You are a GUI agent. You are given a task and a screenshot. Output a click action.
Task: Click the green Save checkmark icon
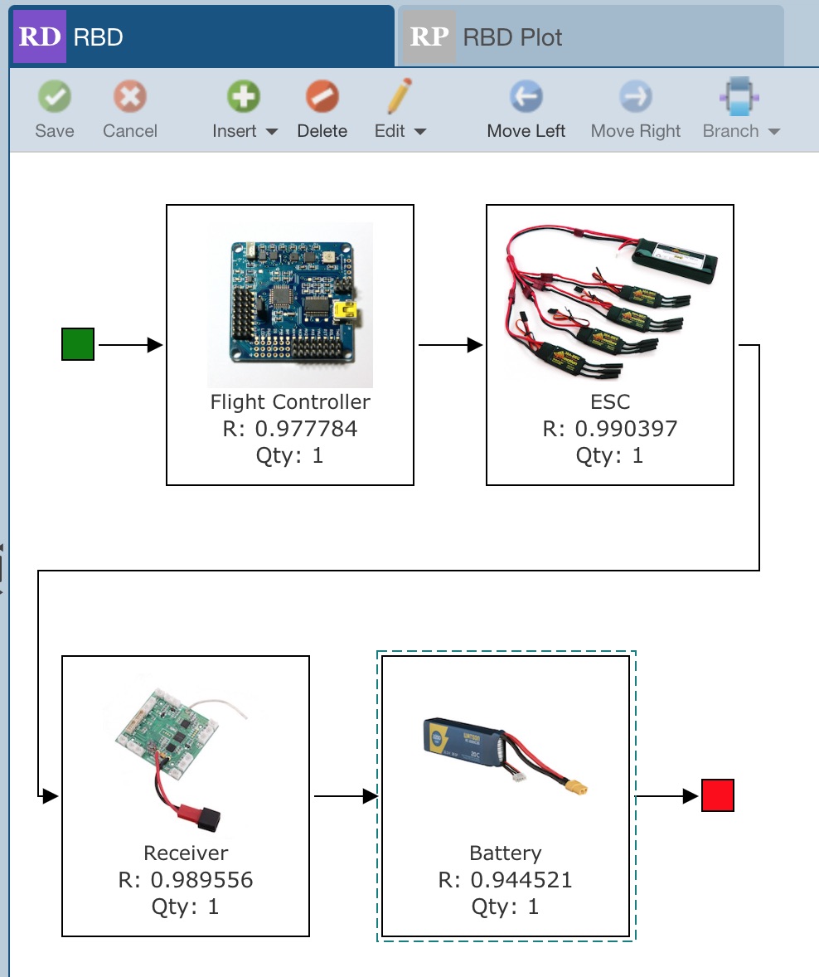click(55, 97)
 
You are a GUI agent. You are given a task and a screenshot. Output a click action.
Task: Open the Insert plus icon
click(244, 97)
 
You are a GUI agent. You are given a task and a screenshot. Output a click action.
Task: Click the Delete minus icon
click(322, 97)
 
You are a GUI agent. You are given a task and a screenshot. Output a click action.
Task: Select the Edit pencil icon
click(399, 97)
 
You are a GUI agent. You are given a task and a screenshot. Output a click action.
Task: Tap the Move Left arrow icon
click(526, 97)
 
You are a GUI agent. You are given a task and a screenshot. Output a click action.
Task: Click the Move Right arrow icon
click(635, 97)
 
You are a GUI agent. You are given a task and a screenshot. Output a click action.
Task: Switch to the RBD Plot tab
click(512, 37)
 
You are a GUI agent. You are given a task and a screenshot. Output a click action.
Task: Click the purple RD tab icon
click(39, 37)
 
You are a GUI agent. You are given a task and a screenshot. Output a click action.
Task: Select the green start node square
click(78, 344)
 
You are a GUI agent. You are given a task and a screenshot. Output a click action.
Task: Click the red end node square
click(717, 796)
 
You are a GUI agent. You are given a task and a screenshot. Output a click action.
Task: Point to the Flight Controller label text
click(290, 402)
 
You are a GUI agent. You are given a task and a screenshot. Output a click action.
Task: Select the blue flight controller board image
click(290, 304)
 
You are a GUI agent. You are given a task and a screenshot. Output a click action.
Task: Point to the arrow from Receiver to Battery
click(345, 796)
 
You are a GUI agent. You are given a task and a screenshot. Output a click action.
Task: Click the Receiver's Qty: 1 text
click(186, 907)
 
